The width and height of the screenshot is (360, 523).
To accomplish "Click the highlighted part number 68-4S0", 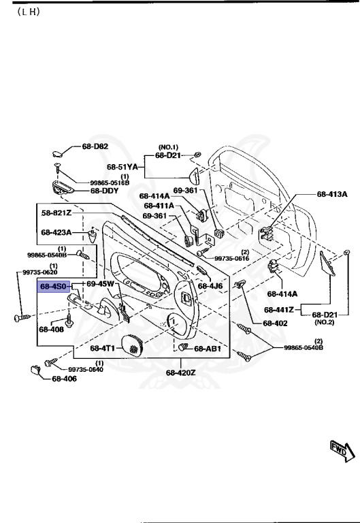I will (x=53, y=287).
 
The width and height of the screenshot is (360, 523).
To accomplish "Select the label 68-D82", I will (x=95, y=146).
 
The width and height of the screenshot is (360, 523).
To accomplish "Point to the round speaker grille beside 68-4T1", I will (x=133, y=346).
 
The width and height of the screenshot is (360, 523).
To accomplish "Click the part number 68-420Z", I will (x=180, y=373).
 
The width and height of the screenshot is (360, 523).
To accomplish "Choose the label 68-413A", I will (x=332, y=194).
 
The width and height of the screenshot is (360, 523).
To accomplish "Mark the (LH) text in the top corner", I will (x=24, y=13).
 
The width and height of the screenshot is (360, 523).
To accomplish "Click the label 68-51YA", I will (x=122, y=166).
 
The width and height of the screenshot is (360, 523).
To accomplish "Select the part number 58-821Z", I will (x=56, y=212).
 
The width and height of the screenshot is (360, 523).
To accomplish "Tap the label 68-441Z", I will (x=278, y=310).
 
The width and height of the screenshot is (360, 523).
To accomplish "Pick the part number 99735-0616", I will (x=231, y=259).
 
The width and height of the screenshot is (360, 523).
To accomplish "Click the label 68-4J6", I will (x=210, y=286).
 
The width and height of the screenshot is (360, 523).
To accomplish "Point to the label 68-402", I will (x=267, y=323).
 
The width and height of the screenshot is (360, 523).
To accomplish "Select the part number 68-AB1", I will (x=208, y=349).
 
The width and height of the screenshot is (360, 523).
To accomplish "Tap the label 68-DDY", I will (x=105, y=191).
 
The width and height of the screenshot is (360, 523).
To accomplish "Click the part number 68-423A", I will (x=56, y=232).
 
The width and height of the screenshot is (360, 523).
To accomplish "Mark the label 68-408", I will (x=51, y=330).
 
